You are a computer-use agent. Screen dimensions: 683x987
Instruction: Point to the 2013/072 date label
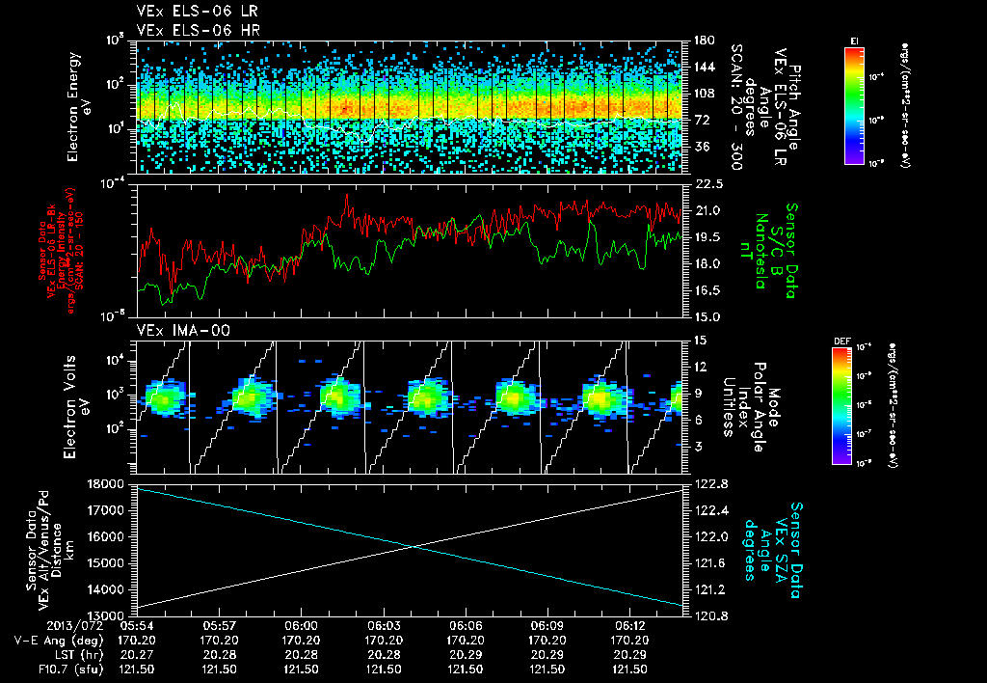(43, 625)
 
